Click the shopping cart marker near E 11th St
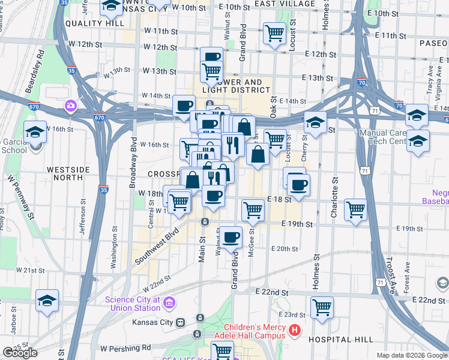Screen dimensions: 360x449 tap(275, 32)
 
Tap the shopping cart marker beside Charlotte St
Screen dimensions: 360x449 tap(356, 210)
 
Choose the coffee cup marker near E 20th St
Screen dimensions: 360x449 tap(231, 237)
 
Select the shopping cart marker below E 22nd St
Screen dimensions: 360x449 tap(322, 308)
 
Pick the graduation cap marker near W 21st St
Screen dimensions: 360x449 tap(47, 301)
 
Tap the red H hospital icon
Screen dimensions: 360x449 tap(294, 330)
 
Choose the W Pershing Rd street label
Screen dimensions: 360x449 tap(125, 348)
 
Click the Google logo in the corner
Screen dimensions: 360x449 tap(19, 353)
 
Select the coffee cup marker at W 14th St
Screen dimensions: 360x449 tap(184, 106)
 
